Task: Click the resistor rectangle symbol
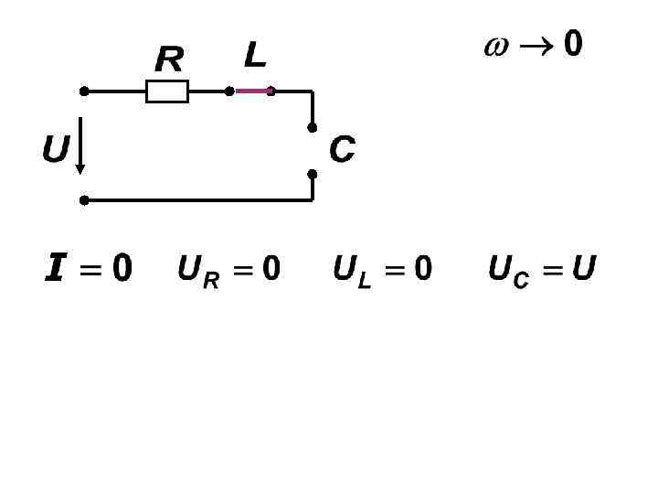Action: pyautogui.click(x=167, y=91)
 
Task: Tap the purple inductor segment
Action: pyautogui.click(x=252, y=91)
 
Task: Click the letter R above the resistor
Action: pyautogui.click(x=169, y=60)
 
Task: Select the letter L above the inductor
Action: pyautogui.click(x=255, y=56)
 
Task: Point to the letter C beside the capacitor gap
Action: pyautogui.click(x=342, y=150)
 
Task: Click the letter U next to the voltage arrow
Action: pyautogui.click(x=55, y=148)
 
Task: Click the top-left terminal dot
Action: pyautogui.click(x=84, y=91)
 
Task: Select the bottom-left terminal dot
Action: pyautogui.click(x=84, y=199)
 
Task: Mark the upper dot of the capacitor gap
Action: pyautogui.click(x=312, y=128)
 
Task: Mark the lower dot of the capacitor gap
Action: pyautogui.click(x=312, y=173)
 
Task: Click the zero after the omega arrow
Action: pyautogui.click(x=572, y=44)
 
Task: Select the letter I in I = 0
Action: pyautogui.click(x=55, y=269)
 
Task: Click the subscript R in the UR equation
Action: pyautogui.click(x=211, y=281)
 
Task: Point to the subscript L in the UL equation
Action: pyautogui.click(x=365, y=281)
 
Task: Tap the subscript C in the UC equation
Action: pyautogui.click(x=521, y=281)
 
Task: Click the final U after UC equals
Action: pyautogui.click(x=583, y=269)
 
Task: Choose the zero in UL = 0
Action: pyautogui.click(x=422, y=269)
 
